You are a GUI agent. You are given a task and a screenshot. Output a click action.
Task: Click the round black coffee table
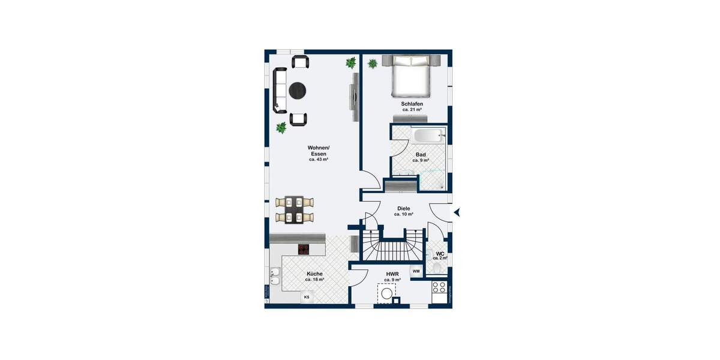pyautogui.click(x=298, y=91)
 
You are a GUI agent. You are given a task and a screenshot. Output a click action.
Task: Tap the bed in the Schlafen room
pyautogui.click(x=412, y=76)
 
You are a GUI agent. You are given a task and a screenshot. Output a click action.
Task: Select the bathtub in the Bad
pyautogui.click(x=428, y=136)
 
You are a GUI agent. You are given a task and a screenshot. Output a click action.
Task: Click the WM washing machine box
pyautogui.click(x=416, y=271)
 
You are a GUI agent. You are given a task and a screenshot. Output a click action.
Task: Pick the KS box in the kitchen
pyautogui.click(x=307, y=297)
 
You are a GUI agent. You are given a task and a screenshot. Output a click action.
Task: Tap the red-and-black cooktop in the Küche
pyautogui.click(x=304, y=249)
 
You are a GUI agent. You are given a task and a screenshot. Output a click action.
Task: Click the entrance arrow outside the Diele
pyautogui.click(x=457, y=212)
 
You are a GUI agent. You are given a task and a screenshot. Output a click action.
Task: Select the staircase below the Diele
pyautogui.click(x=387, y=250)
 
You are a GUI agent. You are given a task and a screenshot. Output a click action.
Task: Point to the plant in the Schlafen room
pyautogui.click(x=372, y=62)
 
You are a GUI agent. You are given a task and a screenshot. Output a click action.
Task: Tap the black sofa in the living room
pyautogui.click(x=280, y=90)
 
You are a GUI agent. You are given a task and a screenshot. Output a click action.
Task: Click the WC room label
pyautogui.click(x=440, y=255)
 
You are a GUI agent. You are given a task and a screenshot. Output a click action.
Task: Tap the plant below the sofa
pyautogui.click(x=281, y=127)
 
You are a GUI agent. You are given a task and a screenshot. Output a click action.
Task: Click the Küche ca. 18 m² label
pyautogui.click(x=314, y=277)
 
